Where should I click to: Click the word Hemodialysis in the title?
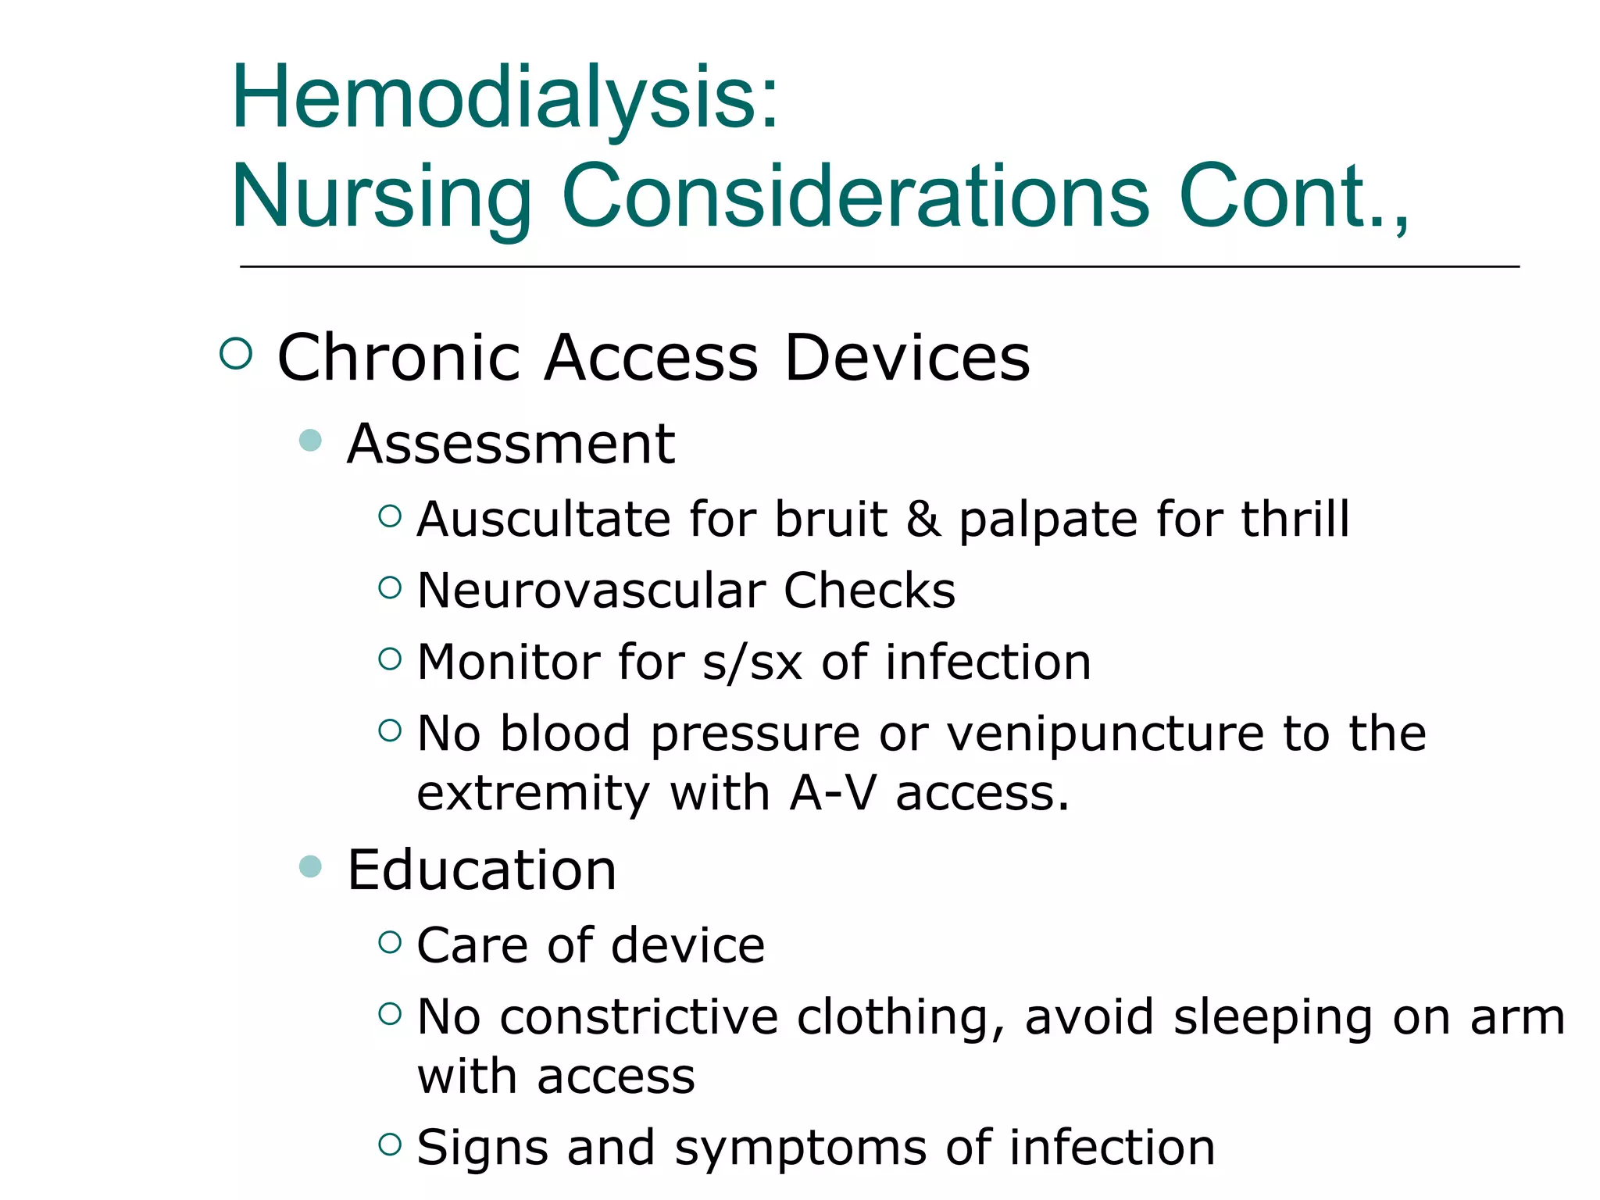(x=504, y=98)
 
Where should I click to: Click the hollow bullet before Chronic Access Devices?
(x=236, y=354)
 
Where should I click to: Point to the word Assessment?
(x=511, y=444)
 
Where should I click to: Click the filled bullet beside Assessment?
(x=311, y=440)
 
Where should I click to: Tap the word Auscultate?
(x=544, y=520)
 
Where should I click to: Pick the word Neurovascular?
(x=590, y=591)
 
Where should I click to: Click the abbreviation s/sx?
(x=752, y=662)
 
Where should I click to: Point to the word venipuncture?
(x=1105, y=734)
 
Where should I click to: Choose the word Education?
(x=482, y=870)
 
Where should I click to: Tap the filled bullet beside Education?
(x=311, y=866)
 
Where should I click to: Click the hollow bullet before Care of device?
(x=390, y=942)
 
